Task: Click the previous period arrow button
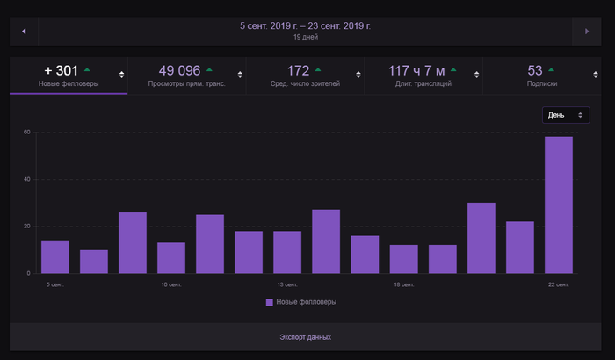click(24, 32)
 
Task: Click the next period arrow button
click(586, 32)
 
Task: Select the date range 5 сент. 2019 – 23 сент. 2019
click(306, 26)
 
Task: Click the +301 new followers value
click(61, 70)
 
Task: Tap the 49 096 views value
click(180, 70)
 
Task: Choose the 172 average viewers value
click(299, 70)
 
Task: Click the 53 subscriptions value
click(535, 70)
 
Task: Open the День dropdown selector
click(565, 115)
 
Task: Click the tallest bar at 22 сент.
click(559, 205)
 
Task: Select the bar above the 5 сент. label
click(55, 256)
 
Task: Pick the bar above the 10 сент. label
click(171, 257)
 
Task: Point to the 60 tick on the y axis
click(27, 133)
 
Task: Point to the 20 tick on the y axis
click(27, 226)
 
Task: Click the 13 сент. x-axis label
click(287, 284)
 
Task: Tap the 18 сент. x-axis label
click(404, 284)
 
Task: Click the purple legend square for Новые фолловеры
click(270, 302)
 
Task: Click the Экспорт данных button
click(306, 337)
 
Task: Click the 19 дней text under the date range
click(306, 38)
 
